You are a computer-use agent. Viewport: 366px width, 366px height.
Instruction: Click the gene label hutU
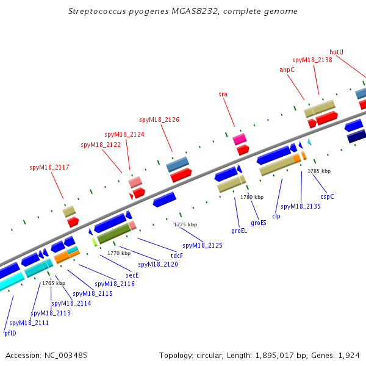click(336, 52)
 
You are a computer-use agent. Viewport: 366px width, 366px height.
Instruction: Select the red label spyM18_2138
click(312, 60)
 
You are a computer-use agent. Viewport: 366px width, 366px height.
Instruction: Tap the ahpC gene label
click(287, 70)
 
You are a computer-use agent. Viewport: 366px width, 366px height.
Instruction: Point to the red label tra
click(223, 94)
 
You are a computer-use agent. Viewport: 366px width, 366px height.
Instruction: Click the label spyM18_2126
click(159, 120)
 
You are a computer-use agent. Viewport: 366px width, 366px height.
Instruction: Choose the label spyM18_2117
click(49, 167)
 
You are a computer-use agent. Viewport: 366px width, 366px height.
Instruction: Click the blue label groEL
click(239, 231)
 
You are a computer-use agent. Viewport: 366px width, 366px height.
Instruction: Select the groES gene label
click(259, 223)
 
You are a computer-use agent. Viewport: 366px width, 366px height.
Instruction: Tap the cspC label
click(327, 197)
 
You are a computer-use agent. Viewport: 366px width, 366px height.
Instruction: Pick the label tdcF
click(177, 256)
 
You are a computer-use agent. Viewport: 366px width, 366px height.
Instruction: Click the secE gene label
click(132, 276)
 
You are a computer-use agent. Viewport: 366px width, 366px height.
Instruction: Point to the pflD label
click(10, 333)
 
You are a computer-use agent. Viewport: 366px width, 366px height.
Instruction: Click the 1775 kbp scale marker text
click(186, 224)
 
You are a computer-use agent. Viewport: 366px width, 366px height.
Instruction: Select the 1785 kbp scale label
click(319, 171)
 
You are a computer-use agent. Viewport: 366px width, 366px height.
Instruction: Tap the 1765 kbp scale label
click(54, 283)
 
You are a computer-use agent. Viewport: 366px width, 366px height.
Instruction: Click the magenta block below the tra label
click(240, 139)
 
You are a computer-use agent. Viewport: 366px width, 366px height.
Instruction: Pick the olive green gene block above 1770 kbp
click(114, 234)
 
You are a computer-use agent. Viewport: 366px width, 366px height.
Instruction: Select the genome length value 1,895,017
click(274, 356)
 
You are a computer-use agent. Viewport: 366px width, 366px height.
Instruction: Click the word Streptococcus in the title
click(97, 12)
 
